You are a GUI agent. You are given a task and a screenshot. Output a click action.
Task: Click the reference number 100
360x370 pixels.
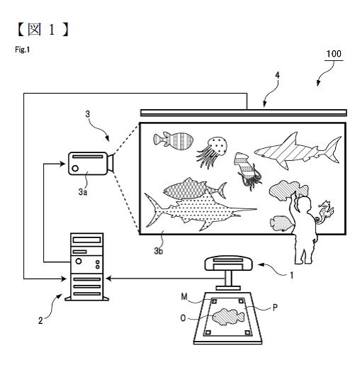tap(334, 54)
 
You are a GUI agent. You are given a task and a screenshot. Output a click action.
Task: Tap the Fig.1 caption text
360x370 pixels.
tap(23, 50)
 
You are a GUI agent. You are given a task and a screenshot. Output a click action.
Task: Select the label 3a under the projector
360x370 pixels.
tap(83, 192)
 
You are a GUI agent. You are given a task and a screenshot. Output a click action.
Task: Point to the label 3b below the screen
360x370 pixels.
tap(159, 251)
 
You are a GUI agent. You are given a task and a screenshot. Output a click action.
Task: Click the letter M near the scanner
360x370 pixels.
tap(184, 296)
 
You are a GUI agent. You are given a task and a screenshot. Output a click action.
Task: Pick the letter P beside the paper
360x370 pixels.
tap(275, 308)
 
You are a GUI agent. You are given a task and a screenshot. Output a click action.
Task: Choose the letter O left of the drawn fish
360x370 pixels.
tap(183, 318)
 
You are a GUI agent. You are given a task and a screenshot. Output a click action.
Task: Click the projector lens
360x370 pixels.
tap(111, 163)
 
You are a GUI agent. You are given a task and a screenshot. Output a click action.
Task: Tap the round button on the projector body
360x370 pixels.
tap(75, 169)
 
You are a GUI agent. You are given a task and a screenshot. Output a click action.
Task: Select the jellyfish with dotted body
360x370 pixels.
tap(212, 151)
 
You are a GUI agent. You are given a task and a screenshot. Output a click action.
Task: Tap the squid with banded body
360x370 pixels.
tap(247, 171)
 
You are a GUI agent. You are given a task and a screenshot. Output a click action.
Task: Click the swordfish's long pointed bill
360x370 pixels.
tap(246, 209)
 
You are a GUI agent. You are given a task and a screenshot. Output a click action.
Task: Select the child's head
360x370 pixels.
tap(305, 205)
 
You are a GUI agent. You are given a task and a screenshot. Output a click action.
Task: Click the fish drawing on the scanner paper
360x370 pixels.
tap(228, 317)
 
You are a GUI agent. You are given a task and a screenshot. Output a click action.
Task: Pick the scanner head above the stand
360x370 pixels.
tap(228, 263)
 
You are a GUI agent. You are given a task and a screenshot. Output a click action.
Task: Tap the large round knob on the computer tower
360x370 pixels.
tap(79, 261)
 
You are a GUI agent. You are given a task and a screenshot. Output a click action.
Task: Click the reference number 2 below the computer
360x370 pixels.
tap(40, 320)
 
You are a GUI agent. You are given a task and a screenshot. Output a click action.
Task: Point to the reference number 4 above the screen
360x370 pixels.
tap(277, 75)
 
